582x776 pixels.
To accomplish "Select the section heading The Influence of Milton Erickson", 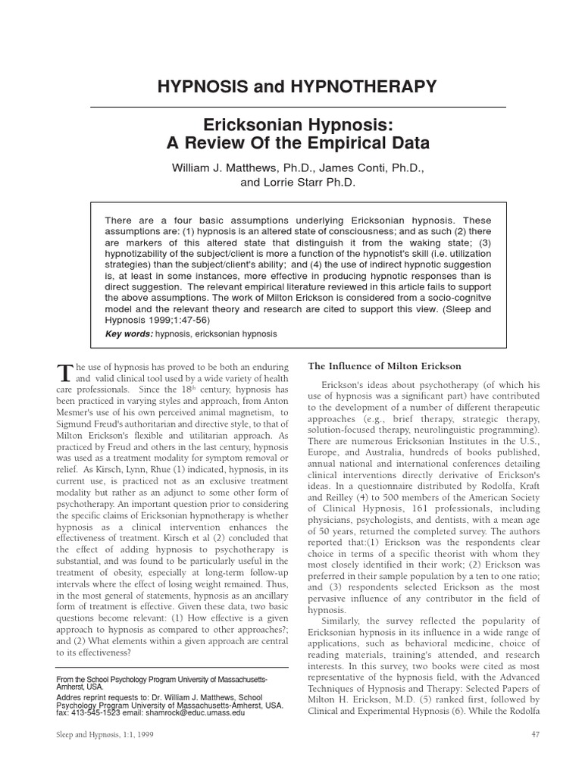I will [385, 366].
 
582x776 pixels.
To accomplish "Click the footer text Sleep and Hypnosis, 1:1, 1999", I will [94, 757].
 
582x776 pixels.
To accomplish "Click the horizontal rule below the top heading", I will [290, 107].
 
